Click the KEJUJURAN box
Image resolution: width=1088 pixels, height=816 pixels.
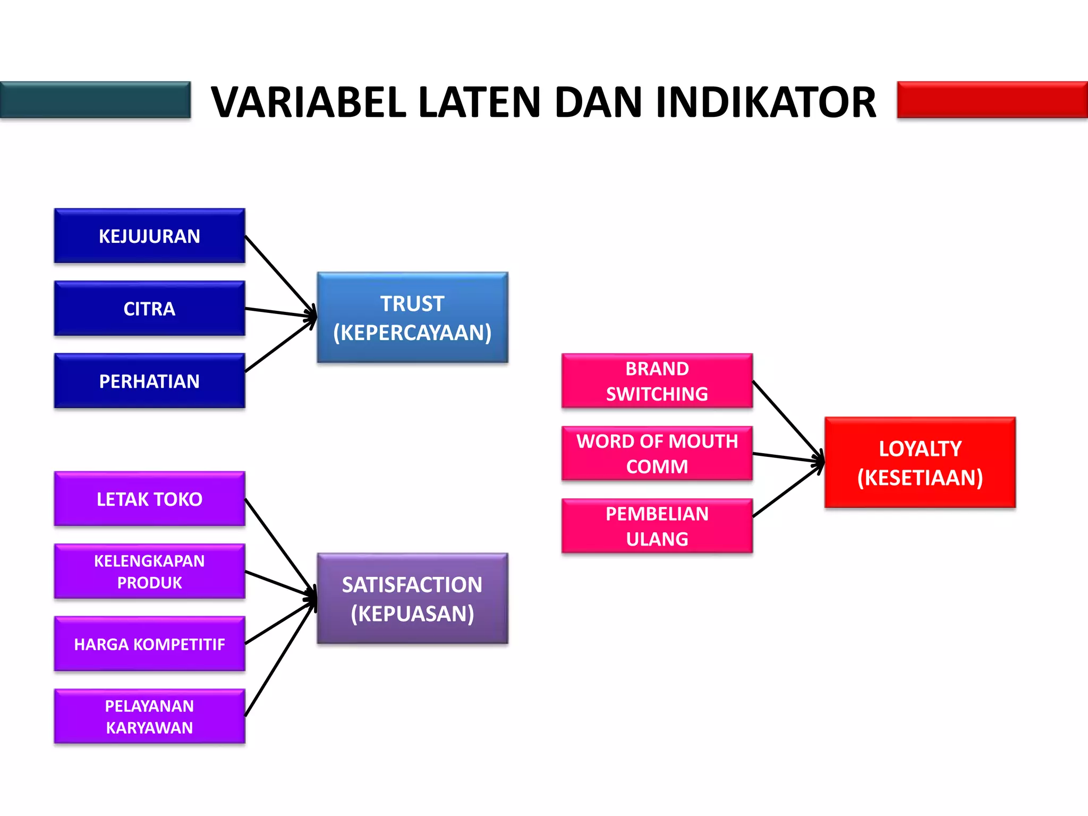click(x=149, y=236)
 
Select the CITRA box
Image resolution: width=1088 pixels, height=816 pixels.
click(x=149, y=308)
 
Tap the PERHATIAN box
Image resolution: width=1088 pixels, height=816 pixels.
click(x=149, y=381)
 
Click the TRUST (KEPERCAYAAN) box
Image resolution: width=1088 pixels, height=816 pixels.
click(x=412, y=318)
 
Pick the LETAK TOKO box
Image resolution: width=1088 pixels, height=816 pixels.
click(x=149, y=499)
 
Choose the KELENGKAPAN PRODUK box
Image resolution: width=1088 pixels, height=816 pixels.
click(x=149, y=571)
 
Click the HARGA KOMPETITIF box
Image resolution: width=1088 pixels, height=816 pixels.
click(x=149, y=644)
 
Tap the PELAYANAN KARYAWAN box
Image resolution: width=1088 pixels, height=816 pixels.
click(x=149, y=716)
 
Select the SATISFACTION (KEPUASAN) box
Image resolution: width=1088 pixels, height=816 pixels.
click(x=412, y=599)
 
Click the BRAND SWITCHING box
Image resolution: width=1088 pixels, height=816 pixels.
click(x=657, y=381)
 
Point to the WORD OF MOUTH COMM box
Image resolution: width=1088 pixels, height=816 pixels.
click(x=657, y=453)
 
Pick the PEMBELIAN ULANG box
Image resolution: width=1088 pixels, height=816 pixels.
click(x=657, y=526)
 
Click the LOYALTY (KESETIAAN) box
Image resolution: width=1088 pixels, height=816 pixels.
click(x=920, y=463)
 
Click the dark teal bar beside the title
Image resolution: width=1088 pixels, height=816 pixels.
click(x=96, y=100)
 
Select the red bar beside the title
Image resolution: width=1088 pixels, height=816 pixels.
click(x=992, y=100)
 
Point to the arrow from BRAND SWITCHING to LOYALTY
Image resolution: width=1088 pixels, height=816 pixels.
click(x=787, y=420)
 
